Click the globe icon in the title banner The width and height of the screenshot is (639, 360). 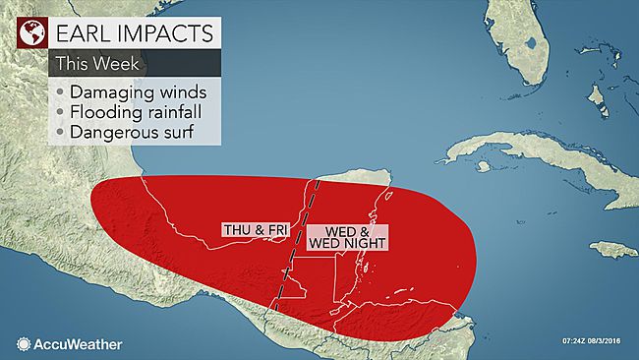point(32,33)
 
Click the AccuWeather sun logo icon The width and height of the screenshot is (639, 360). point(24,344)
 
